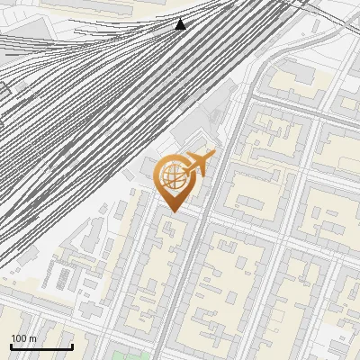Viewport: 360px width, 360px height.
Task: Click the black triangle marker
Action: point(180,24)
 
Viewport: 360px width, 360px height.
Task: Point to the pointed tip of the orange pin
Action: point(173,211)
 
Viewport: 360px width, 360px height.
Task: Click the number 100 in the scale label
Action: point(19,338)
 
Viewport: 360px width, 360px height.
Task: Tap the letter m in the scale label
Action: point(33,338)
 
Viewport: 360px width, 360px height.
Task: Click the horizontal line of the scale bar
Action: point(40,347)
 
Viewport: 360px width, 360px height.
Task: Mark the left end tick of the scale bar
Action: point(11,346)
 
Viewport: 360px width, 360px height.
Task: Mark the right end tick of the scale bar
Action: point(72,346)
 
